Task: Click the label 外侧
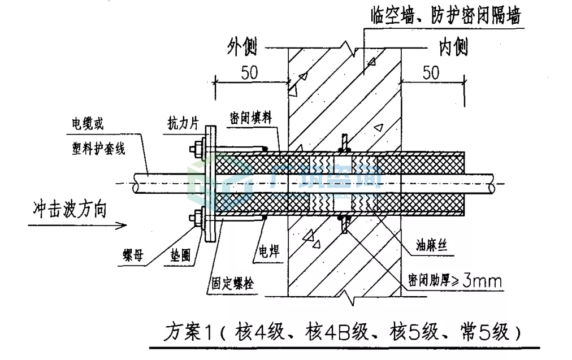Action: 242,47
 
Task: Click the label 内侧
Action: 453,47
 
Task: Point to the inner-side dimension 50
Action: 431,72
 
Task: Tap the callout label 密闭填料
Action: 251,119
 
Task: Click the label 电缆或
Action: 87,124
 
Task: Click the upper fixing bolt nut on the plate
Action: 197,148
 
